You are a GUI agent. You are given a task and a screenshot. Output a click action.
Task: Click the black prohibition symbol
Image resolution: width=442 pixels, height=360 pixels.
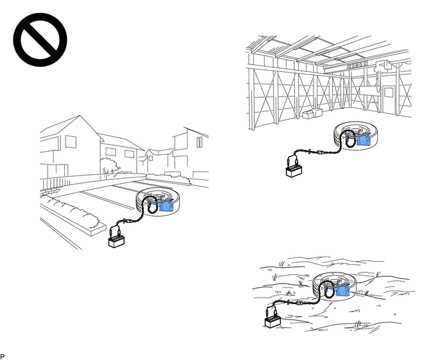click(40, 40)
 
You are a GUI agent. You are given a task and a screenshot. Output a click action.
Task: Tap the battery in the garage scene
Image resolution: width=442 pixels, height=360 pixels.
click(294, 171)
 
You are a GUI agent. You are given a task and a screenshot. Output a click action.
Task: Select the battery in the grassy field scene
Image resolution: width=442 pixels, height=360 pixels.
click(272, 322)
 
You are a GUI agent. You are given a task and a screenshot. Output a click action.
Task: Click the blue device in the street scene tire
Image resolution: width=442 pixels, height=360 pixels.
click(166, 205)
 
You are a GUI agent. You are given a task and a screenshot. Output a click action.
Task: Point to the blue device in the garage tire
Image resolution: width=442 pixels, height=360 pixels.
click(364, 139)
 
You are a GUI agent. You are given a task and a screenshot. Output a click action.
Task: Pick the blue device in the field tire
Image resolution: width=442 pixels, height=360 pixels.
click(342, 290)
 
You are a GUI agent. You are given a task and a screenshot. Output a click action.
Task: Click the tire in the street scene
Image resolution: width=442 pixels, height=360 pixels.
click(158, 202)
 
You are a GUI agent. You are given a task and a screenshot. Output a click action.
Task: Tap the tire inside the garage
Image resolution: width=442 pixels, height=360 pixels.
click(355, 136)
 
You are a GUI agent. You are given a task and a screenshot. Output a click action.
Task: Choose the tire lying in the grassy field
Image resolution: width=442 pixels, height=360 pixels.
click(335, 287)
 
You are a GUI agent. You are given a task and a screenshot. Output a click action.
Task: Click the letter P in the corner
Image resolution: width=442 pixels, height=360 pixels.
click(3, 357)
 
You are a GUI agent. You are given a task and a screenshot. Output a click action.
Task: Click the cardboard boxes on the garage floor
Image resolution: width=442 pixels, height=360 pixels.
click(312, 113)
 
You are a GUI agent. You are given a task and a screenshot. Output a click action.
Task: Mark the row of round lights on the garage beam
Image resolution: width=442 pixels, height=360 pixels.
click(357, 66)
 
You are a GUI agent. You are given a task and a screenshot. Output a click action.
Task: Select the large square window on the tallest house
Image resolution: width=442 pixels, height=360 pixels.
click(71, 141)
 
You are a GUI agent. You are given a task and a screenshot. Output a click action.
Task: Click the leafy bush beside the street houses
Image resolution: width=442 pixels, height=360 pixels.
click(109, 166)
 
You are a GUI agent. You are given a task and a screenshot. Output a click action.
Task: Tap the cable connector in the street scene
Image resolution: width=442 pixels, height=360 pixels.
click(127, 222)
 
